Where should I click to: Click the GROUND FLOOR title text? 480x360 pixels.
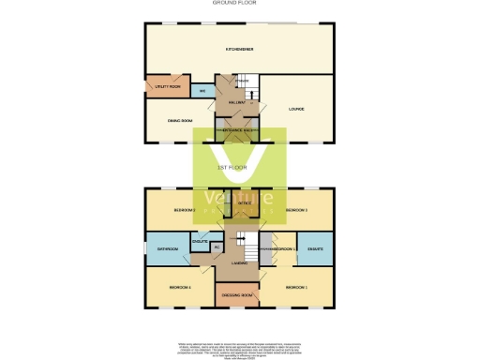(x=239, y=3)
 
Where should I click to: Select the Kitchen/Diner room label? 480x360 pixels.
(x=239, y=49)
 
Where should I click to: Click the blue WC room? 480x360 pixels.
(x=202, y=91)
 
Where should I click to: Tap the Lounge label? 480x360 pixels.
(x=295, y=110)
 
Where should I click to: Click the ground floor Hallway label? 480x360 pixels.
(x=235, y=101)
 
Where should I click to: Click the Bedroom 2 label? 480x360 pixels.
(x=183, y=210)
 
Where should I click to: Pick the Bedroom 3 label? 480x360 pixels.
(x=297, y=210)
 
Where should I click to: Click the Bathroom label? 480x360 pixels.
(x=168, y=248)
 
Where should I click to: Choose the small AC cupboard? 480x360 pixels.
(x=217, y=247)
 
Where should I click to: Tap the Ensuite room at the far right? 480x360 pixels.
(x=315, y=248)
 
